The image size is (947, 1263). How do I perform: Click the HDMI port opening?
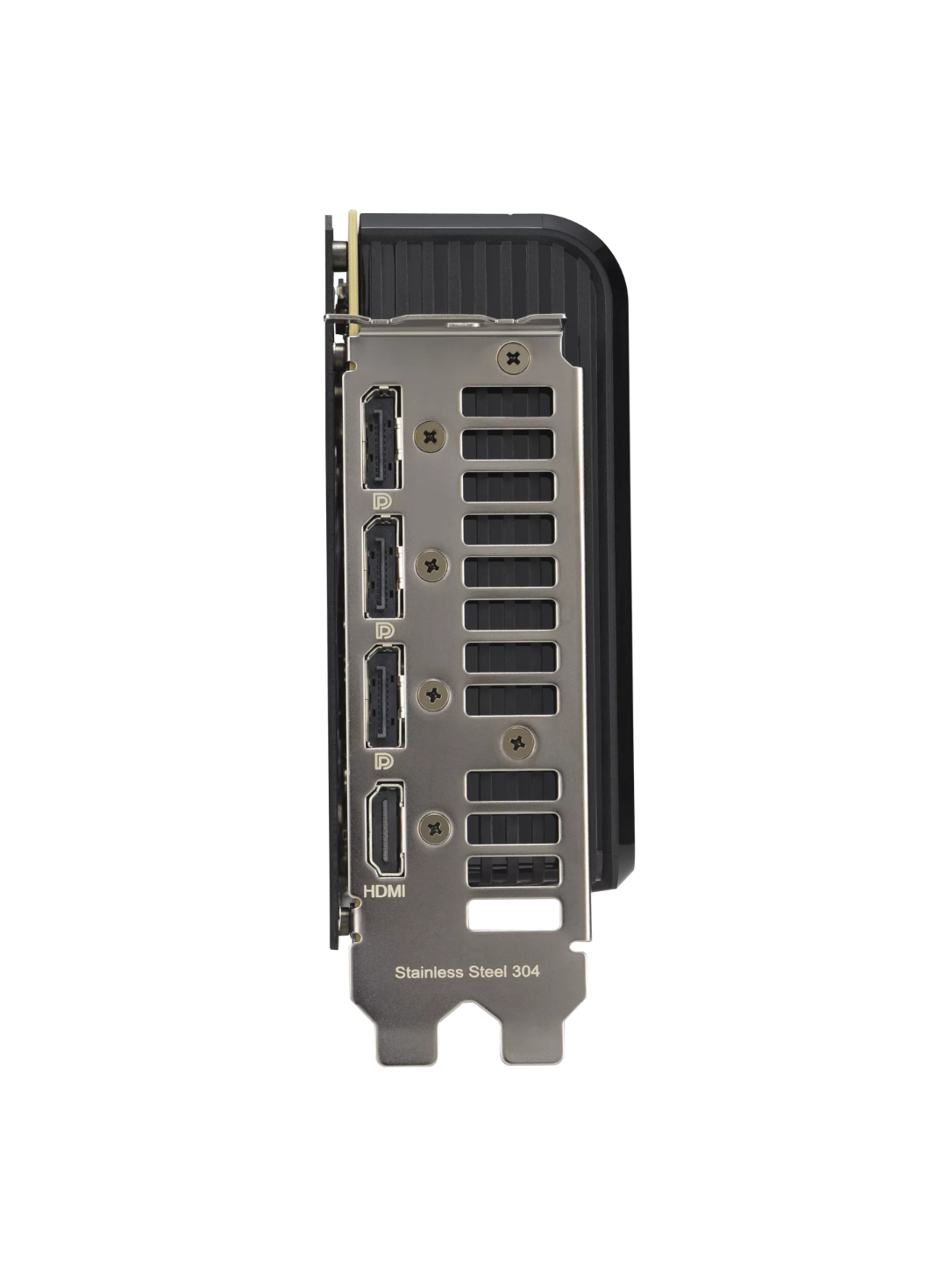pos(385,829)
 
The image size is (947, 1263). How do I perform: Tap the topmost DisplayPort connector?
pos(381,438)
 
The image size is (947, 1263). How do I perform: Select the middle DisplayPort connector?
pos(383,567)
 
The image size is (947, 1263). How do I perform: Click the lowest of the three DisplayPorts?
pos(385,696)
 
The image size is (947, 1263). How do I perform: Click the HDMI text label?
pos(385,891)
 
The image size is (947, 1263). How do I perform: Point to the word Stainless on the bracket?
pos(429,972)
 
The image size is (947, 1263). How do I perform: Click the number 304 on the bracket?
pos(526,971)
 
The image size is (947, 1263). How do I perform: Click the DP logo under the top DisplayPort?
pos(382,502)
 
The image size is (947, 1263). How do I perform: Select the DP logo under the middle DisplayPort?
pos(385,631)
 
